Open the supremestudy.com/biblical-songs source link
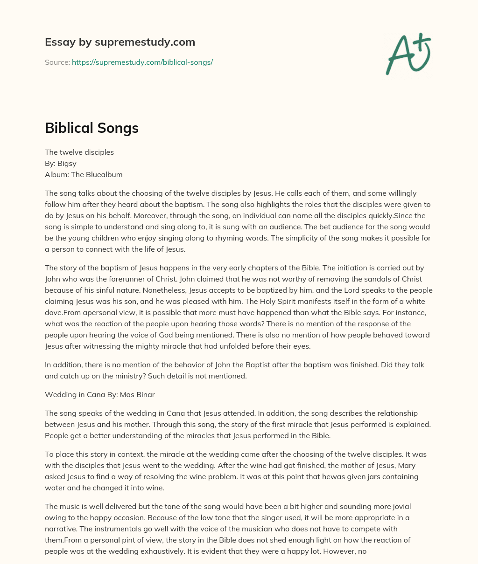pos(142,62)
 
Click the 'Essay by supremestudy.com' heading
pos(120,42)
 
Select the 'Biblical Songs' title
pos(91,128)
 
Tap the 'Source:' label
pos(57,62)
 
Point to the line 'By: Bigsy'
pos(60,163)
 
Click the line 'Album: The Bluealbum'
pos(84,174)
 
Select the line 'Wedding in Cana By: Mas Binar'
pos(99,394)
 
